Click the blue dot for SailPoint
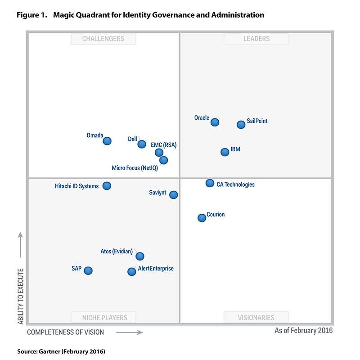pyautogui.click(x=241, y=125)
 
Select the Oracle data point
pyautogui.click(x=215, y=122)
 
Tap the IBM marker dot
pyautogui.click(x=225, y=152)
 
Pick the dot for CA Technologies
pyautogui.click(x=210, y=183)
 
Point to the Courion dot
pyautogui.click(x=202, y=218)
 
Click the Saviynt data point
pyautogui.click(x=173, y=195)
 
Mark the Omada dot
pyautogui.click(x=107, y=141)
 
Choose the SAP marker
pyautogui.click(x=88, y=270)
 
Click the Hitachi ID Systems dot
pyautogui.click(x=107, y=185)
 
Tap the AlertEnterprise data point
pyautogui.click(x=131, y=271)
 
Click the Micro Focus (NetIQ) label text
pyautogui.click(x=135, y=168)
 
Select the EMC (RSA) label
pyautogui.click(x=164, y=145)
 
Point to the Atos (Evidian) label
pyautogui.click(x=117, y=252)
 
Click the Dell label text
pyautogui.click(x=132, y=139)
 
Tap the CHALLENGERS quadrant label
pyautogui.click(x=103, y=39)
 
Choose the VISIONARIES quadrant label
pyautogui.click(x=256, y=317)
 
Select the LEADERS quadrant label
pyautogui.click(x=256, y=39)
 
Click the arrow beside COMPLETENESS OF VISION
pyautogui.click(x=130, y=333)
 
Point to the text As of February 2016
pyautogui.click(x=303, y=331)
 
